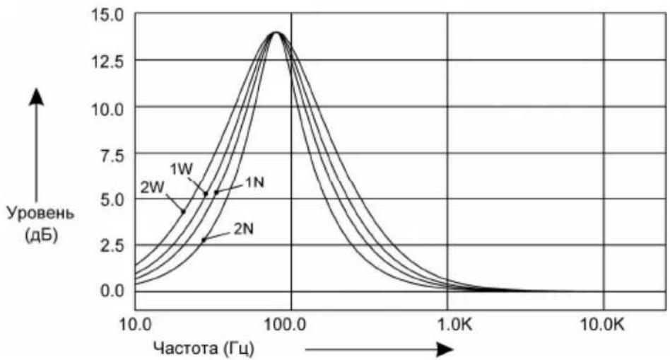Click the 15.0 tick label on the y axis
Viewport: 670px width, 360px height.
pyautogui.click(x=107, y=16)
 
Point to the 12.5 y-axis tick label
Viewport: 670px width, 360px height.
pyautogui.click(x=107, y=62)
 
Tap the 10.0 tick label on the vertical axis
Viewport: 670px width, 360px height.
pyautogui.click(x=107, y=109)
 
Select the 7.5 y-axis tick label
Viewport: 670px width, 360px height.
pyautogui.click(x=112, y=155)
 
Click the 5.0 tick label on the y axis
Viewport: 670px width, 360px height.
pyautogui.click(x=112, y=199)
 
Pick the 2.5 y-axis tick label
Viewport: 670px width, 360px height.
pyautogui.click(x=112, y=245)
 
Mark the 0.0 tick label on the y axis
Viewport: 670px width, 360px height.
pyautogui.click(x=112, y=291)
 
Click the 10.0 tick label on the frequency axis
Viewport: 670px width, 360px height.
pyautogui.click(x=135, y=325)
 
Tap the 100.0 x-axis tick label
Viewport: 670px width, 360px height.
pyautogui.click(x=286, y=325)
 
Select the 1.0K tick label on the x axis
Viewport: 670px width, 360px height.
pyautogui.click(x=455, y=325)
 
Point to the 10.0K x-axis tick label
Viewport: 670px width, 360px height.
pyautogui.click(x=602, y=325)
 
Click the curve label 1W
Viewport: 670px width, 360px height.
pyautogui.click(x=182, y=169)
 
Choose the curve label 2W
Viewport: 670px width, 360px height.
pyautogui.click(x=152, y=187)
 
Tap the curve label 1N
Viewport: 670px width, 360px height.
pyautogui.click(x=254, y=182)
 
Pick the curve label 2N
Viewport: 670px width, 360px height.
pyautogui.click(x=244, y=229)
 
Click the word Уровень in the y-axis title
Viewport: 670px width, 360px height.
pyautogui.click(x=40, y=213)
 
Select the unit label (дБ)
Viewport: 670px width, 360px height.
pyautogui.click(x=42, y=235)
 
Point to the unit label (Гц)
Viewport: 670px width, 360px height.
pyautogui.click(x=238, y=349)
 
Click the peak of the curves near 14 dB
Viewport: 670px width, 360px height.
pyautogui.click(x=276, y=33)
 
